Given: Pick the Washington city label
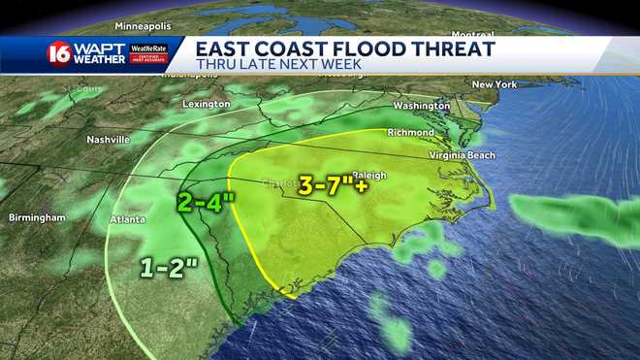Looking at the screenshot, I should click(x=421, y=105).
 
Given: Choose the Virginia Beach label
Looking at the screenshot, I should click(x=463, y=155).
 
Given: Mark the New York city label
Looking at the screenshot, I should click(x=494, y=85).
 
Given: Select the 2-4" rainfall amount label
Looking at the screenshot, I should click(x=206, y=203).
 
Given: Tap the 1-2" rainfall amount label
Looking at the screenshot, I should click(x=167, y=265).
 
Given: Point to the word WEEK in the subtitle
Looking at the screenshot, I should click(x=341, y=65).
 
